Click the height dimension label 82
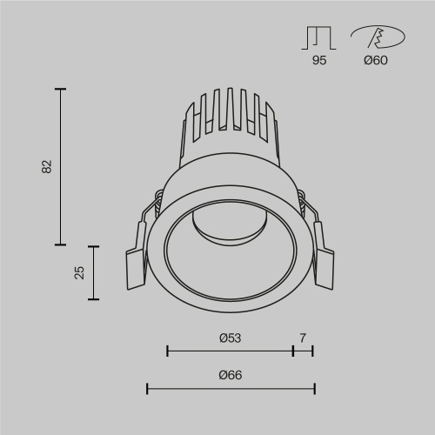click(x=48, y=166)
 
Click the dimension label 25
click(x=79, y=273)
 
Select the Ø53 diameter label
click(x=230, y=338)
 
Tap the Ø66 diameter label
click(x=230, y=375)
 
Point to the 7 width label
click(x=303, y=338)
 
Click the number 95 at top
click(x=319, y=61)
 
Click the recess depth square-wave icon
click(x=319, y=38)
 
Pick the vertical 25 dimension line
click(x=94, y=273)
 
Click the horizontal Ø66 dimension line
click(x=230, y=388)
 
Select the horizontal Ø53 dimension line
click(x=230, y=351)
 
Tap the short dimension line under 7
click(x=303, y=351)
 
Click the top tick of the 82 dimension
click(x=60, y=88)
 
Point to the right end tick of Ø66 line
click(x=314, y=388)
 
